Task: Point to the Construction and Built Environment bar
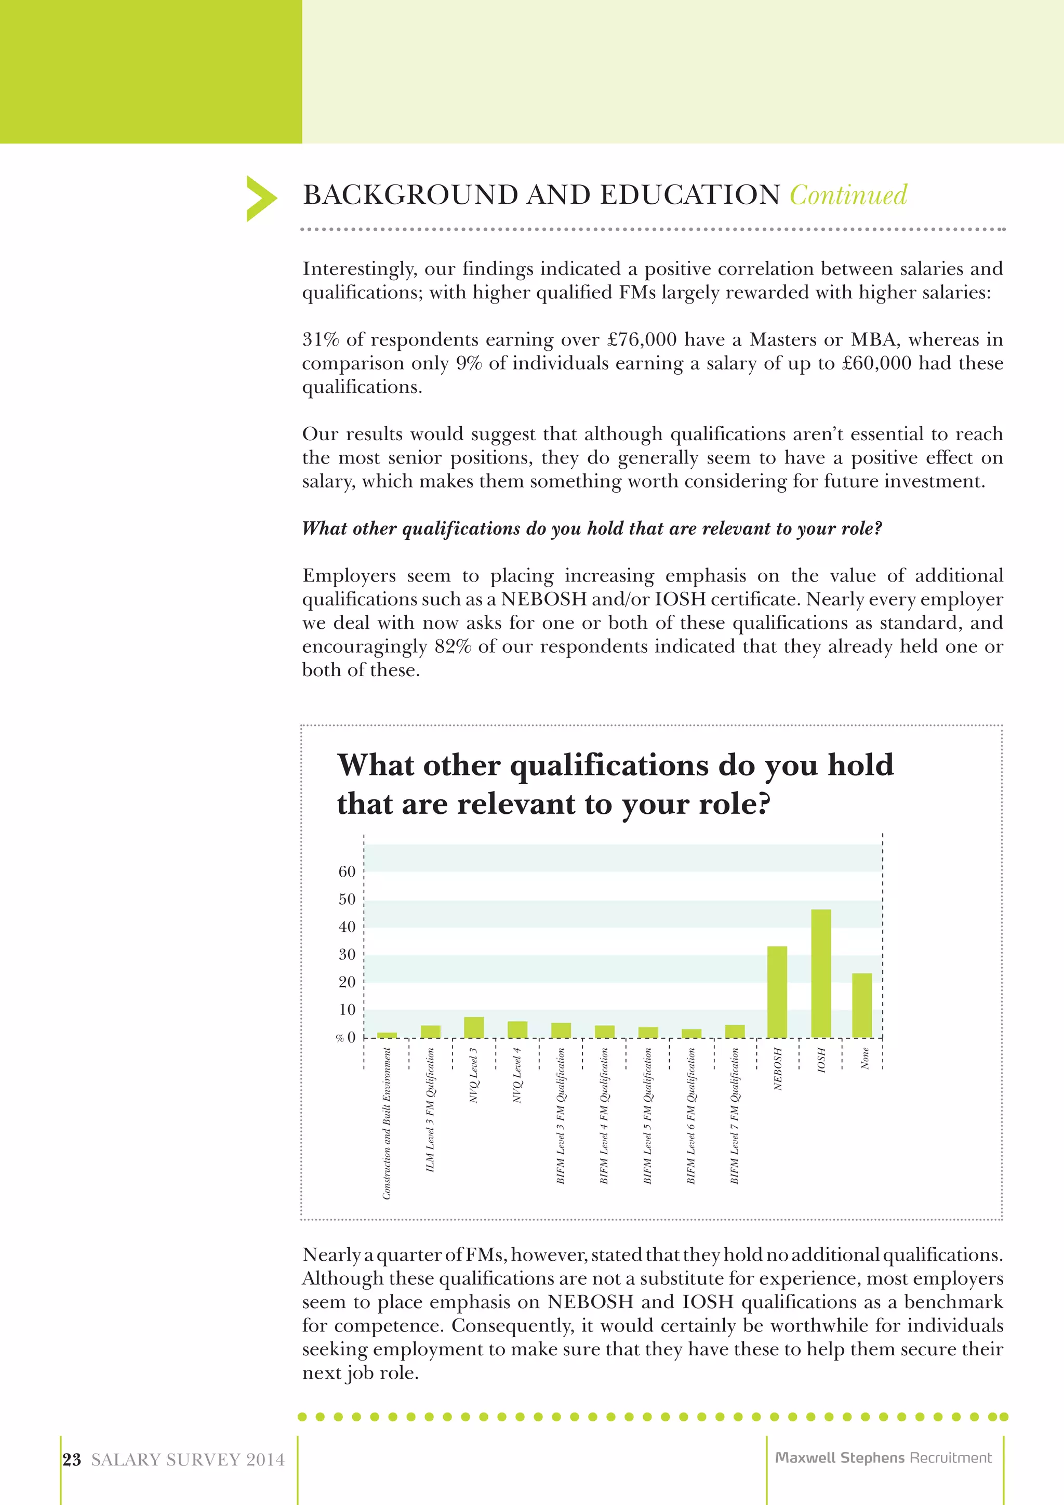(x=387, y=1035)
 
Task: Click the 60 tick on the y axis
(x=347, y=872)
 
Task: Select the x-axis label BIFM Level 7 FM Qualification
(x=735, y=1115)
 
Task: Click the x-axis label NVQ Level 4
(x=517, y=1075)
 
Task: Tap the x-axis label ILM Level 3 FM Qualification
(x=431, y=1110)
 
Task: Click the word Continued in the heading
(x=848, y=195)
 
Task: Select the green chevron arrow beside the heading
(x=261, y=198)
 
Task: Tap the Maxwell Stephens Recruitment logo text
(x=883, y=1457)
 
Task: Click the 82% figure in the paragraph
(x=453, y=646)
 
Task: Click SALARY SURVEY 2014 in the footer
(x=188, y=1460)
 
